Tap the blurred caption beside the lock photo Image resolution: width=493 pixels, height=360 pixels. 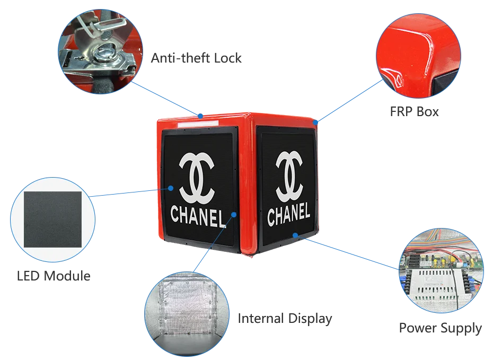pos(195,57)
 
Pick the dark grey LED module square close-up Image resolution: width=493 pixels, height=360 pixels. pos(53,216)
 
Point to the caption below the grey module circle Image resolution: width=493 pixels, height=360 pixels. pos(55,276)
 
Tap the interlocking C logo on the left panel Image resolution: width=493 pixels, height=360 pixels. pos(197,174)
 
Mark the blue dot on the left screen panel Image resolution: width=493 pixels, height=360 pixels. pos(171,188)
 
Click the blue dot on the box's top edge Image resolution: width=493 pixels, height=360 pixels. pos(201,115)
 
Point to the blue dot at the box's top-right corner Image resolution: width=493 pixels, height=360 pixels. pos(315,122)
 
